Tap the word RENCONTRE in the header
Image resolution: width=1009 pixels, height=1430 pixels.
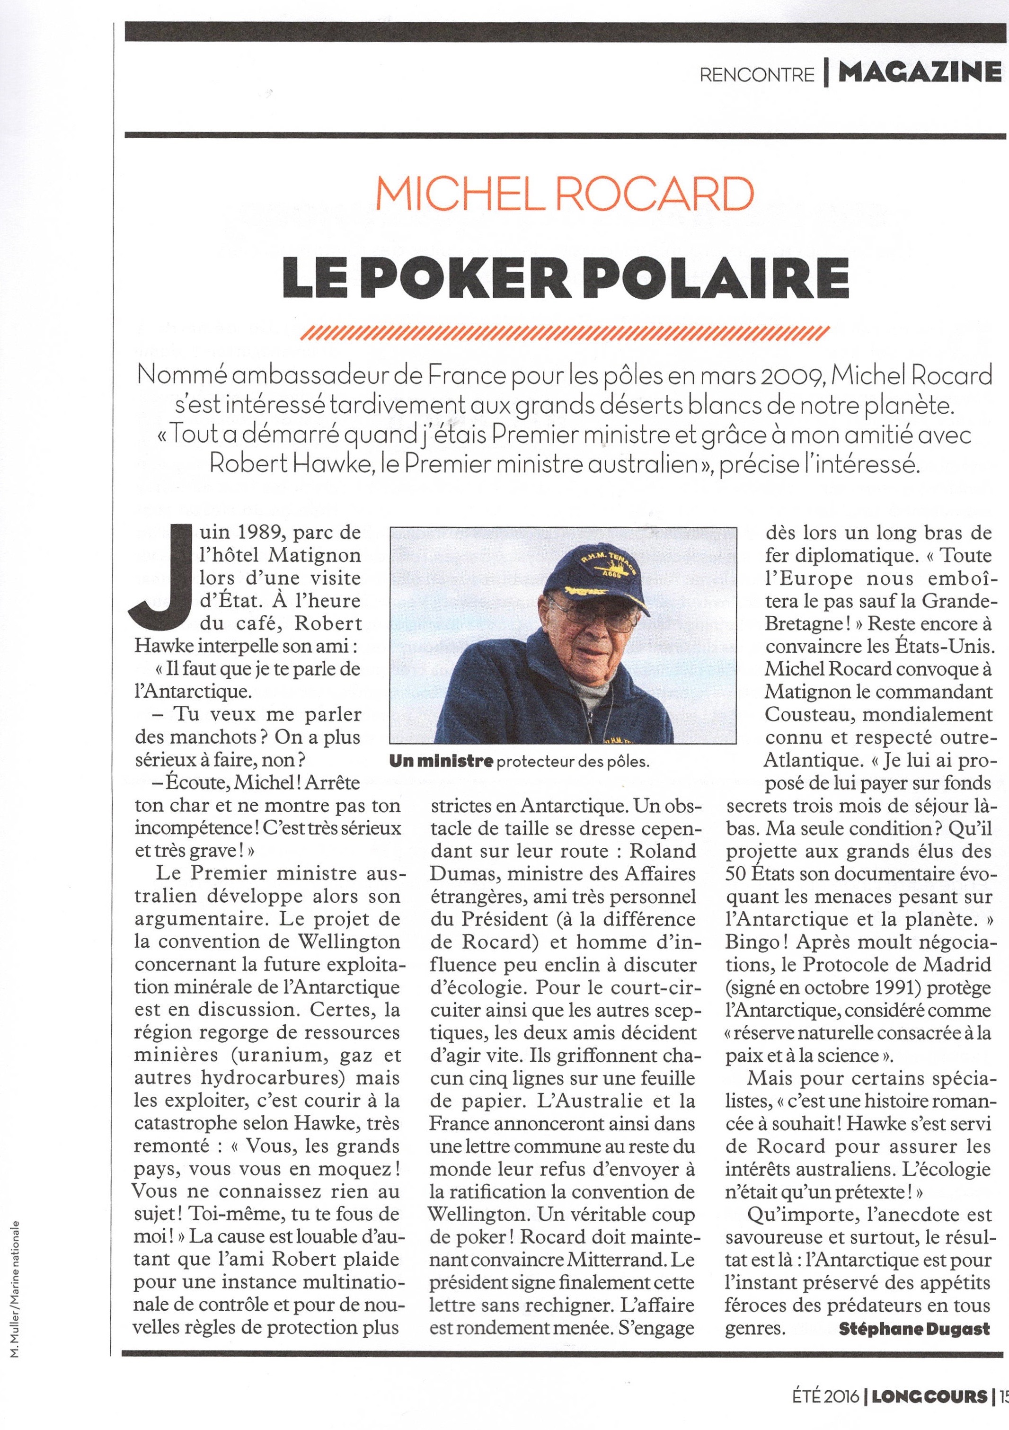pyautogui.click(x=757, y=75)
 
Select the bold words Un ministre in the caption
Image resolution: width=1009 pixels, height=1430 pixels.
pyautogui.click(x=441, y=761)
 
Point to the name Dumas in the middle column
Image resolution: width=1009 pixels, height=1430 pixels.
pyautogui.click(x=463, y=874)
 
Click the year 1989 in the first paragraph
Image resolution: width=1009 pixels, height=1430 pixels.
pyautogui.click(x=254, y=533)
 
